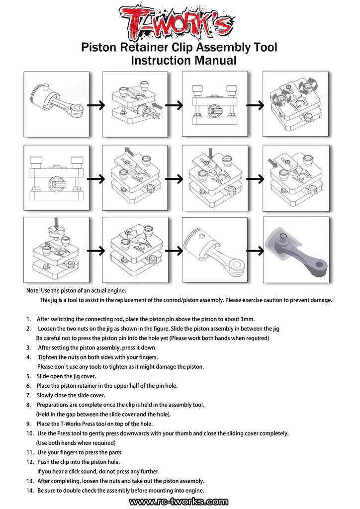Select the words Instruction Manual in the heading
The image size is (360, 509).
[x=183, y=61]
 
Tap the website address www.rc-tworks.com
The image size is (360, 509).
[x=179, y=503]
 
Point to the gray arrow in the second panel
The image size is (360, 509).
[x=158, y=105]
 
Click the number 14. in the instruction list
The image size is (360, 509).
[x=29, y=491]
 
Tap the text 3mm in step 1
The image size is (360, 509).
[x=248, y=319]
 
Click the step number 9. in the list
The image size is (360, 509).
[x=28, y=424]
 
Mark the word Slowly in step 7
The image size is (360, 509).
[x=45, y=395]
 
